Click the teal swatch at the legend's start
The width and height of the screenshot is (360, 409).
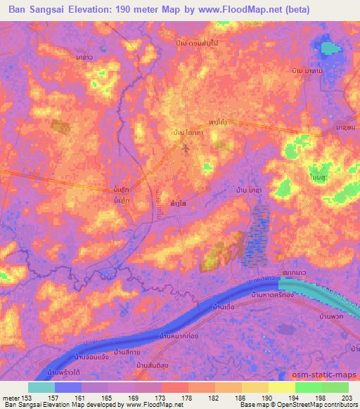coord(41,387)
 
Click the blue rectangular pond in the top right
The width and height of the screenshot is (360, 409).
coord(330,50)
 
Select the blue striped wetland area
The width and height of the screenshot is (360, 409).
coord(257,235)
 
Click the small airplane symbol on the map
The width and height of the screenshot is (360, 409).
coord(186,148)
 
